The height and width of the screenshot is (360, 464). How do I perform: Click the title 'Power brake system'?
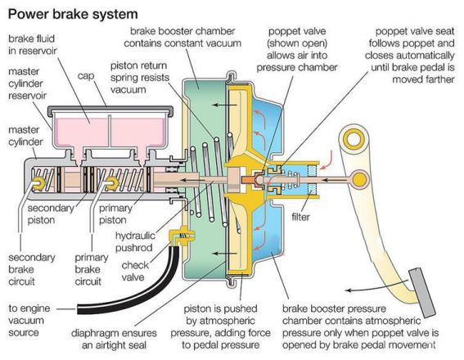click(x=73, y=14)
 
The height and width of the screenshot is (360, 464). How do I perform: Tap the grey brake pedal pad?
click(x=422, y=293)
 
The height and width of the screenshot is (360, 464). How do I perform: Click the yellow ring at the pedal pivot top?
click(x=354, y=139)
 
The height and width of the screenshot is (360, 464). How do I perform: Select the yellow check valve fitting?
click(x=181, y=236)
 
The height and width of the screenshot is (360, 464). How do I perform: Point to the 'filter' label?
click(x=300, y=217)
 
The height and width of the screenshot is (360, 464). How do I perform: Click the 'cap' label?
click(x=86, y=76)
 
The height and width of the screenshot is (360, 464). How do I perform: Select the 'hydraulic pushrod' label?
click(x=134, y=241)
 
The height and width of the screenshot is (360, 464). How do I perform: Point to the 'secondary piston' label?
click(x=51, y=214)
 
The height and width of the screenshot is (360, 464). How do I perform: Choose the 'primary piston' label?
click(x=115, y=214)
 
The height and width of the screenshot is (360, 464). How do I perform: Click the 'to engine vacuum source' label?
click(x=29, y=321)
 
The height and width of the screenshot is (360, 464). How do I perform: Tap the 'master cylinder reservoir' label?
click(x=27, y=83)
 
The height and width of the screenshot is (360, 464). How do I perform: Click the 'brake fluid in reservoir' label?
click(x=32, y=45)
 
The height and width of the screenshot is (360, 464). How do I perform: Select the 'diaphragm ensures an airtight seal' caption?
click(x=114, y=339)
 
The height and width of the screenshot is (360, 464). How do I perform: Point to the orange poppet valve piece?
click(x=250, y=179)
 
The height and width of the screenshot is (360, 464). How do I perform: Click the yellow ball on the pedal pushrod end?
click(x=359, y=179)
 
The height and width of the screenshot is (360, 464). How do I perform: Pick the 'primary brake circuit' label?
click(x=91, y=269)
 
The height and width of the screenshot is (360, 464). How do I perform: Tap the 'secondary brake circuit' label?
click(x=32, y=269)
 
